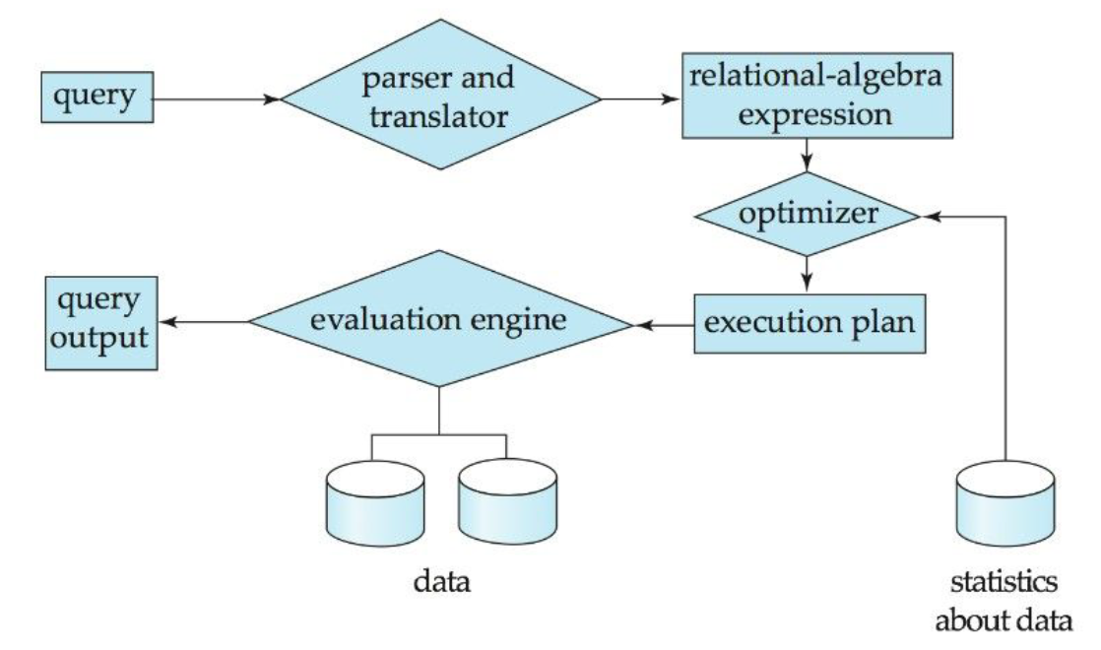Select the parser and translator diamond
[x=441, y=98]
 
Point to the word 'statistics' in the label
[x=1004, y=584]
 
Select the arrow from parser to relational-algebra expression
[x=641, y=98]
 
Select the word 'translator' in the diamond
[x=441, y=118]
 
